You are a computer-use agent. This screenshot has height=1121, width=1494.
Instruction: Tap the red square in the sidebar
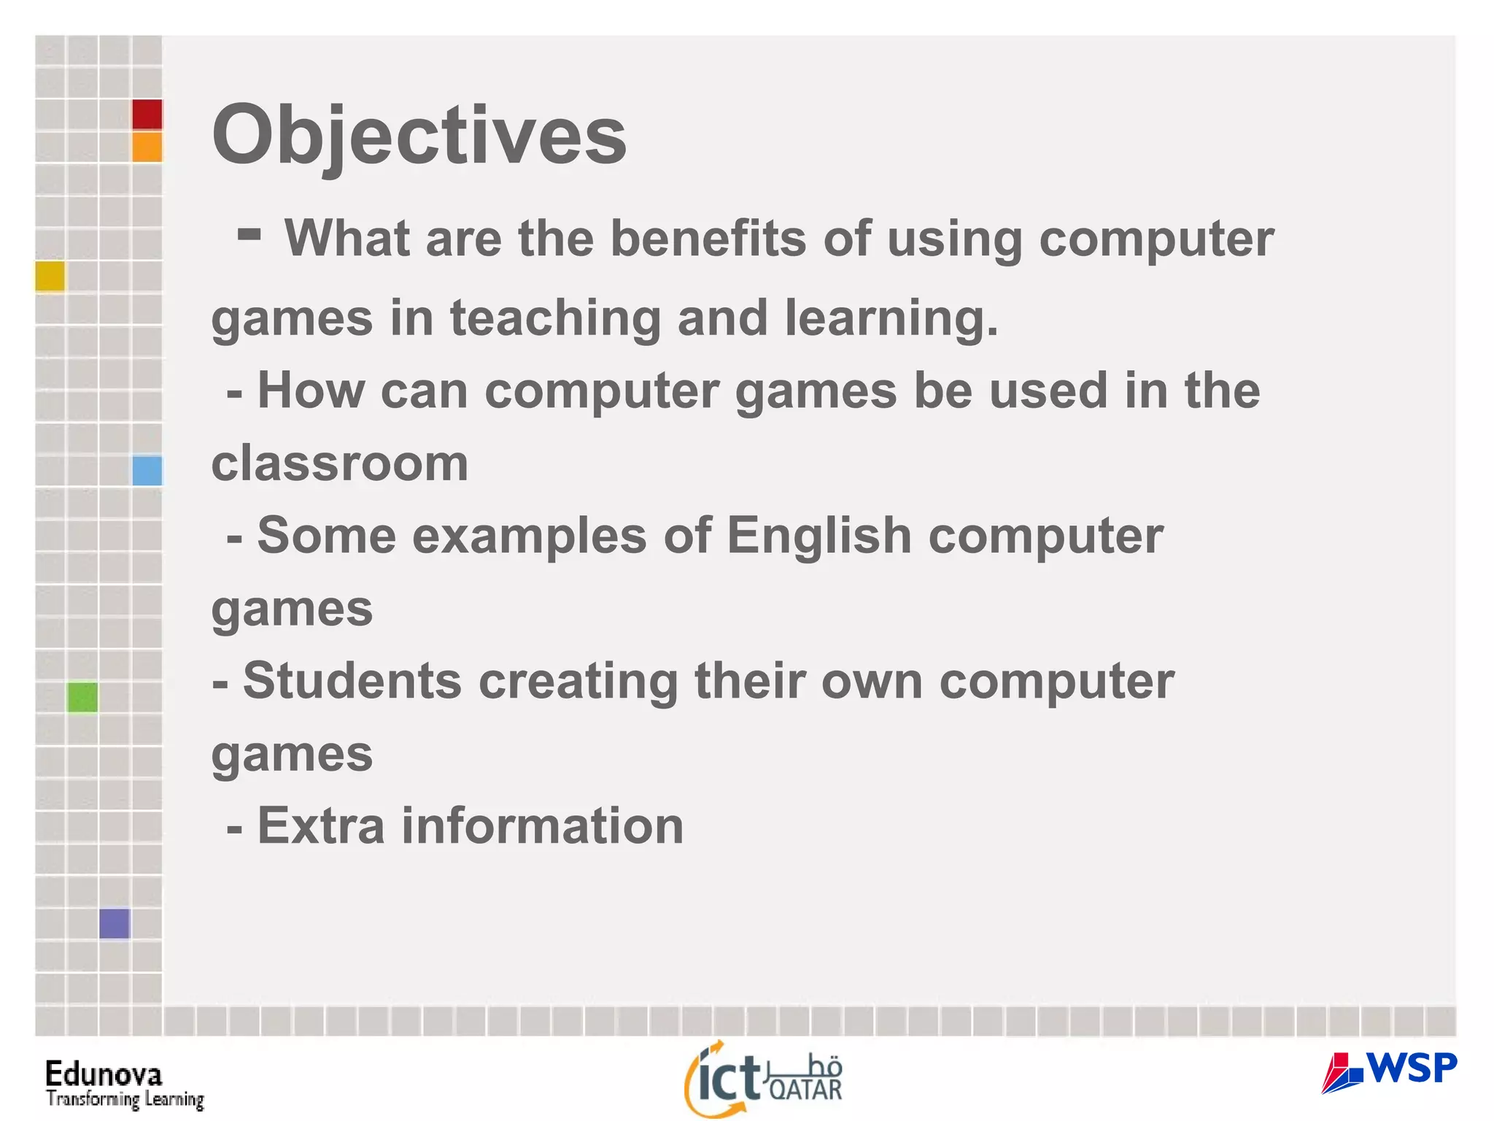click(147, 115)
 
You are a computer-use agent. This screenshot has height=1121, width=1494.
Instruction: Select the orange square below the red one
click(147, 147)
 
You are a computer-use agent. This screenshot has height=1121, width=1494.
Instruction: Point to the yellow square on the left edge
click(50, 276)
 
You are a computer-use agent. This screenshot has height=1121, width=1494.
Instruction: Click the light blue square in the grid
click(147, 470)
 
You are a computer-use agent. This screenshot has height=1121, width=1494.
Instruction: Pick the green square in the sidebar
click(82, 697)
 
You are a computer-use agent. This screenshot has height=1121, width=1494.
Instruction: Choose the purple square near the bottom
click(115, 923)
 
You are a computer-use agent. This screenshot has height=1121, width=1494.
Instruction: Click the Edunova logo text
click(104, 1074)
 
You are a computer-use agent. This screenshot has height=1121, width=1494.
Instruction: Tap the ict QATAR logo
click(763, 1079)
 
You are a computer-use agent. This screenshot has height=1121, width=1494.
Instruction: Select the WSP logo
click(1389, 1071)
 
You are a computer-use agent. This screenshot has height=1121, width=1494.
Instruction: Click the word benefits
click(708, 239)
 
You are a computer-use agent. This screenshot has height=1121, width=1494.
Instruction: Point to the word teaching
click(554, 318)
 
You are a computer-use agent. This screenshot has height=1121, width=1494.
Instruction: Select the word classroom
click(340, 463)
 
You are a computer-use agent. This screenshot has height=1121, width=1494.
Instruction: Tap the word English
click(818, 536)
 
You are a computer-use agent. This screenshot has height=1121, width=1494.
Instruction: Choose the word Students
click(352, 681)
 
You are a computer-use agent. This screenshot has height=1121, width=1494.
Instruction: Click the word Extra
click(321, 826)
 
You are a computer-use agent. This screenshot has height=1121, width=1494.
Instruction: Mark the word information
click(543, 826)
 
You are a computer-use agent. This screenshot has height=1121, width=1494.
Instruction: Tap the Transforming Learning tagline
click(125, 1099)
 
